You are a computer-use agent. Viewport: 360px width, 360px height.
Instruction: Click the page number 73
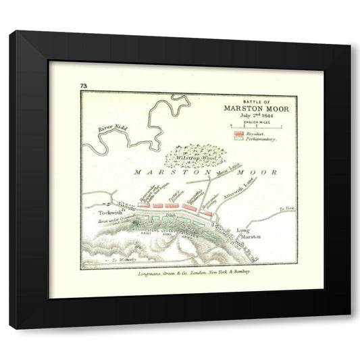coord(83,85)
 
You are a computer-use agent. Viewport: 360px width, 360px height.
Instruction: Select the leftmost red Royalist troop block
coord(145,205)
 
